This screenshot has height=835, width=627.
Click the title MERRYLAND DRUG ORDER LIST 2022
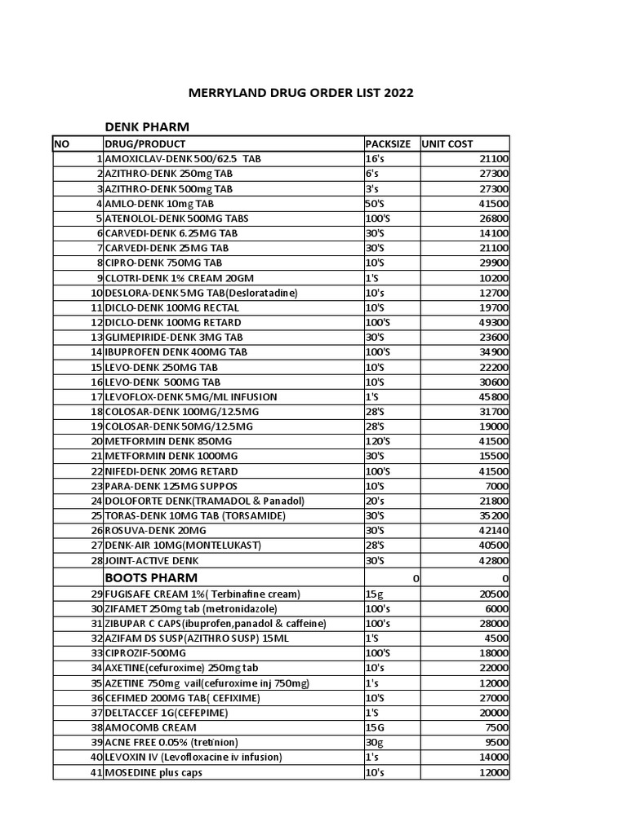tap(301, 93)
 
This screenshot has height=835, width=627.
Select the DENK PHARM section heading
tap(147, 126)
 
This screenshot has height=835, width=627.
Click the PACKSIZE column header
tap(391, 144)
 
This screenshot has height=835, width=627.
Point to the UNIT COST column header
tap(447, 144)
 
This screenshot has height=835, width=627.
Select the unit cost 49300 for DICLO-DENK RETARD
tap(491, 322)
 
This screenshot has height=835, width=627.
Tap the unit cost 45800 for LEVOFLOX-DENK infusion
tap(491, 397)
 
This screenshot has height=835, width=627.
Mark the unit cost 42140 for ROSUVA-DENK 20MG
tap(491, 531)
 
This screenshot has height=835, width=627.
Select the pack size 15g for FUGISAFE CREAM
tap(374, 594)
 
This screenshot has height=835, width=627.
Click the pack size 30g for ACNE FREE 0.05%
tap(374, 742)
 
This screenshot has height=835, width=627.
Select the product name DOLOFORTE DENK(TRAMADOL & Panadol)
tap(204, 501)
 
